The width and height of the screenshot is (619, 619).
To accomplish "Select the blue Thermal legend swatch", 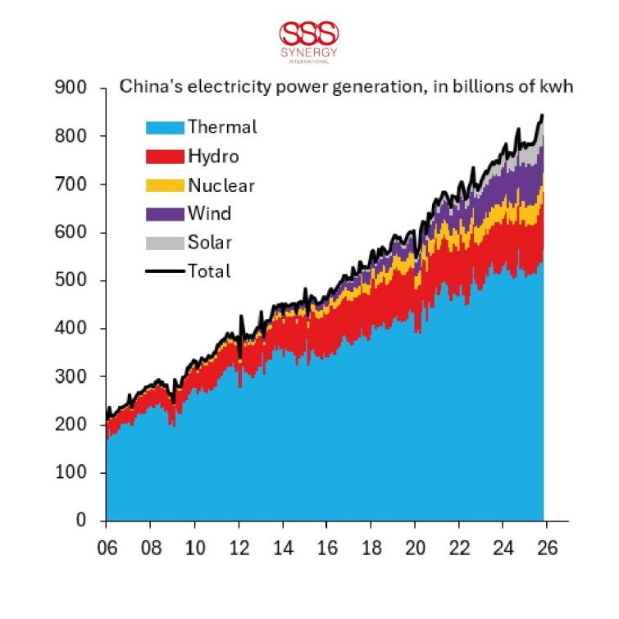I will coord(165,127).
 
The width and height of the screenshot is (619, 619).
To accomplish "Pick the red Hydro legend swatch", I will coord(165,156).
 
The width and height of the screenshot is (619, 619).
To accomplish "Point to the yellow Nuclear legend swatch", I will coord(165,185).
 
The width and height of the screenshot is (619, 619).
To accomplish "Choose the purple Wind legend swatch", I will coord(165,214).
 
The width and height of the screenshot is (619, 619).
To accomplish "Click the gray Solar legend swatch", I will coord(165,243).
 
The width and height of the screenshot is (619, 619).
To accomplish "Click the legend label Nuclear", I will coord(221,185).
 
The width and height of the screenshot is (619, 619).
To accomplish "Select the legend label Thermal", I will coord(221,127).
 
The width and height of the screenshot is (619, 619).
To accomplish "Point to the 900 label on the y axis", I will coord(72,87).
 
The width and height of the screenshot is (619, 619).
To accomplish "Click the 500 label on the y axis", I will coord(72,280).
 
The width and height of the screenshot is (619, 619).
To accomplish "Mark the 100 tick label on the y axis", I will coord(72,473).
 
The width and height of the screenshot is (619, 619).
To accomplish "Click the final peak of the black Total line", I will coord(542,116).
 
